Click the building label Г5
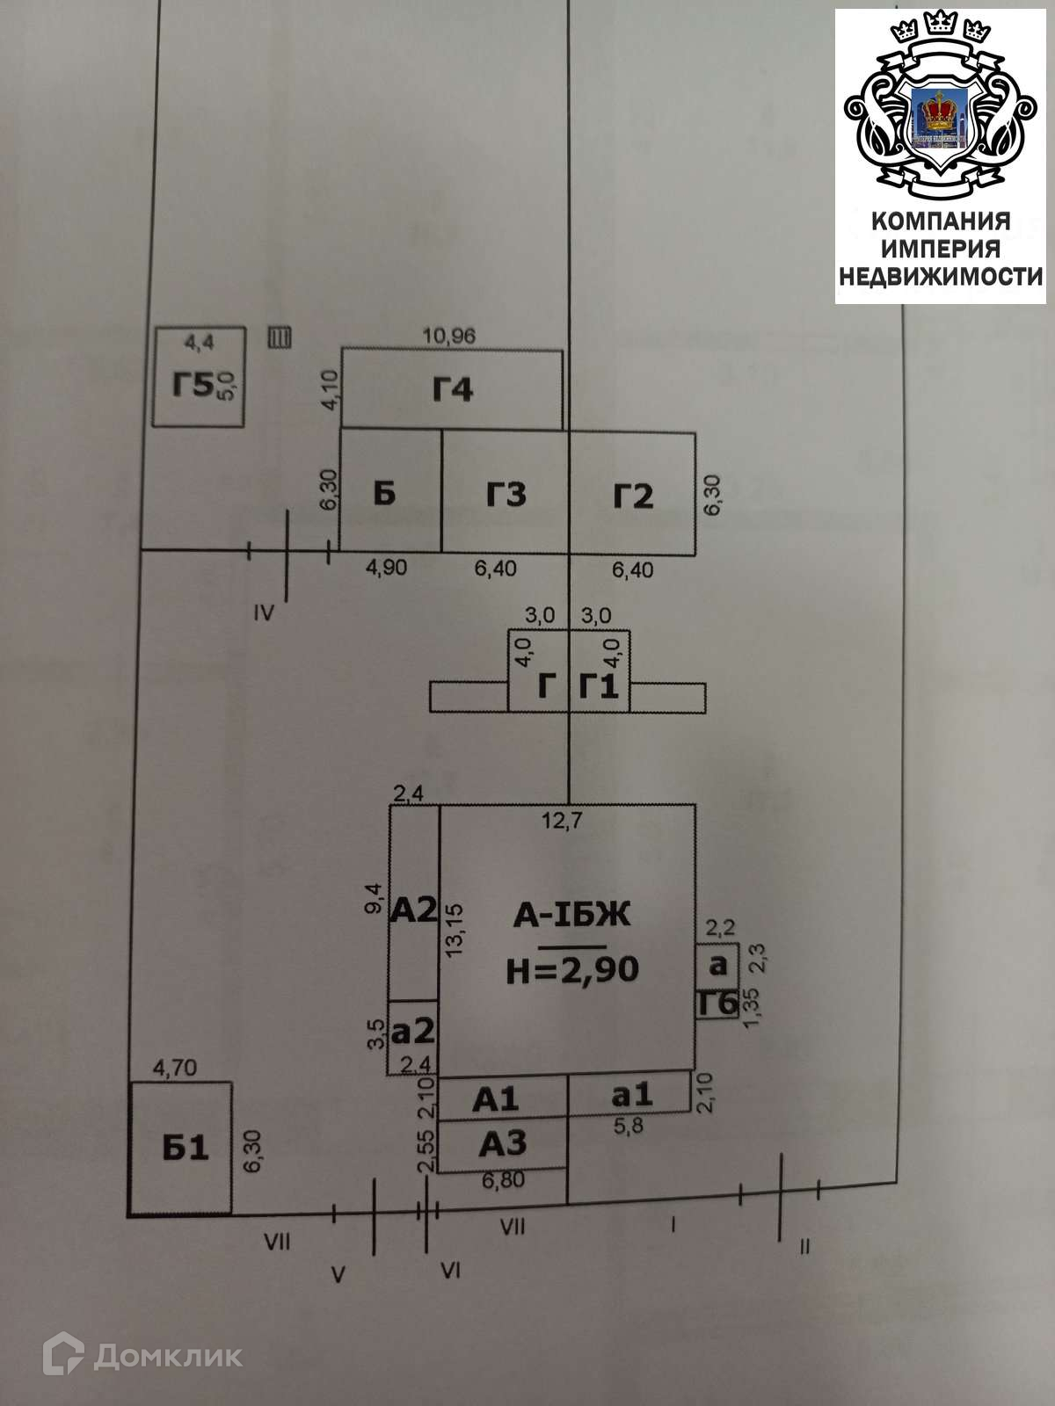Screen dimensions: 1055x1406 (x=192, y=385)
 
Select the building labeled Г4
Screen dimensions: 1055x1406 (x=453, y=388)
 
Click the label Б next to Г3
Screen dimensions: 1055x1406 (x=384, y=494)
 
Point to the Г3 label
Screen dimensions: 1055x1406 (x=506, y=495)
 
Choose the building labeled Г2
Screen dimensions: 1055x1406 (x=633, y=496)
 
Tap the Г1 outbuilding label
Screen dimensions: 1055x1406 (x=599, y=685)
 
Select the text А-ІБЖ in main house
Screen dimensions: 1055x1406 (x=572, y=917)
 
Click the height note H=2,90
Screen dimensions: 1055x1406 (x=572, y=969)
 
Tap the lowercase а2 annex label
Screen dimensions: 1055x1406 (x=413, y=1029)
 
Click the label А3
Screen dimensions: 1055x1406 (x=503, y=1143)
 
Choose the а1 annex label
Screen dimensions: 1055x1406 (x=632, y=1094)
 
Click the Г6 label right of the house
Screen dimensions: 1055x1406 (x=717, y=1003)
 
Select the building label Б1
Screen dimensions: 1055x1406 (x=186, y=1148)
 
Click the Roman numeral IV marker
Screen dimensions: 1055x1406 (x=264, y=612)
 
